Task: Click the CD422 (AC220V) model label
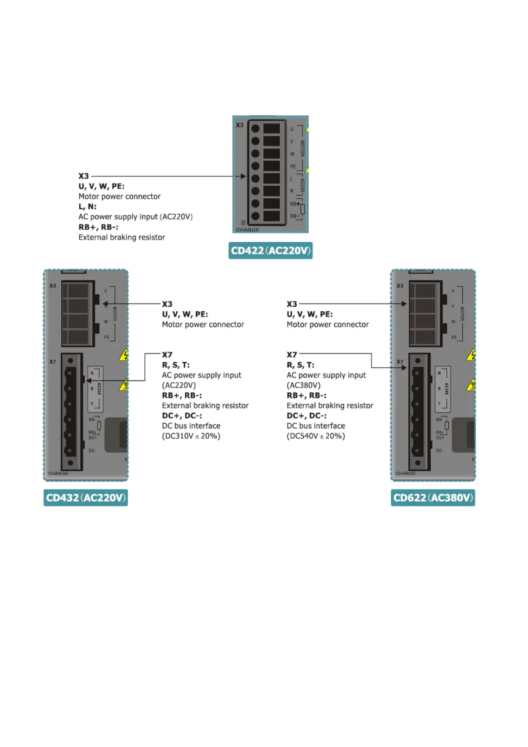270,251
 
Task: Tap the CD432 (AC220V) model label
86,498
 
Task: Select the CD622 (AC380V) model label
433,498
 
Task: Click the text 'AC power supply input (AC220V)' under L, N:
135,217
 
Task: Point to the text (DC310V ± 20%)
191,436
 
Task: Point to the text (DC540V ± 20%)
316,436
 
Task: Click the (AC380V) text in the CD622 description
303,385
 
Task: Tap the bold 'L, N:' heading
87,207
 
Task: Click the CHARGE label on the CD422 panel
247,230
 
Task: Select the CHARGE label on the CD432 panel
58,473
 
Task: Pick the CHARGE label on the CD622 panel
406,473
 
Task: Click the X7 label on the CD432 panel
53,362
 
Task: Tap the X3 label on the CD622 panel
400,286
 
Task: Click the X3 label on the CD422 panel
239,126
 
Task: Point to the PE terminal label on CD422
293,167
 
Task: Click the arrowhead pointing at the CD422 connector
243,176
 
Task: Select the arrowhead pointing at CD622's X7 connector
404,368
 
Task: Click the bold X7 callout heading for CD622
292,355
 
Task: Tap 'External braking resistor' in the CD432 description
205,406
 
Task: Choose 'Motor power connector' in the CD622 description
327,325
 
